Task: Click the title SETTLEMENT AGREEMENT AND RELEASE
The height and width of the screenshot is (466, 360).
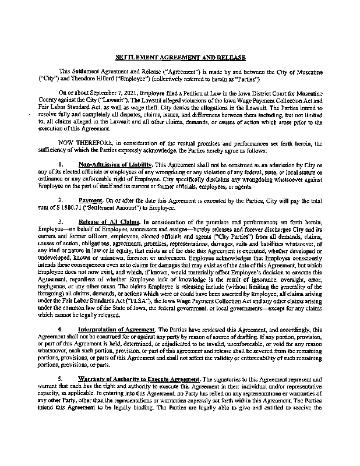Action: pos(180,58)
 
